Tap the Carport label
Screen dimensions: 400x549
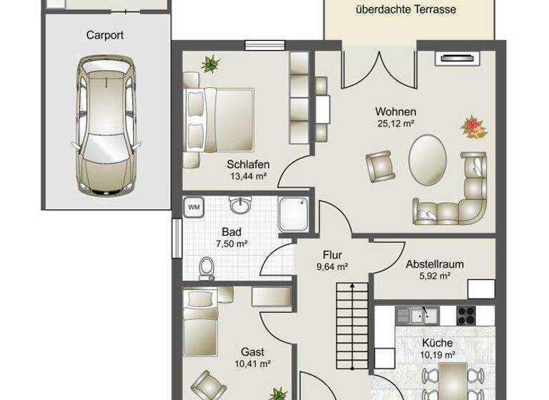tap(105, 34)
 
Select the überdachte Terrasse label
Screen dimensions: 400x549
tap(405, 10)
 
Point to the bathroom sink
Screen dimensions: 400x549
tap(239, 206)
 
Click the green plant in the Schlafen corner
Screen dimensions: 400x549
tap(211, 64)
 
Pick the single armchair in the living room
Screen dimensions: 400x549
tap(380, 166)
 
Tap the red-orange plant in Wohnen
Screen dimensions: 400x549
tap(473, 128)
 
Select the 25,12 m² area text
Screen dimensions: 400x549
tap(395, 124)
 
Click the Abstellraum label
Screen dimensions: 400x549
tap(435, 264)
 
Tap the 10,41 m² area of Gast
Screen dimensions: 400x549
tap(253, 364)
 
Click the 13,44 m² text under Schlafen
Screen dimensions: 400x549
tap(248, 176)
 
